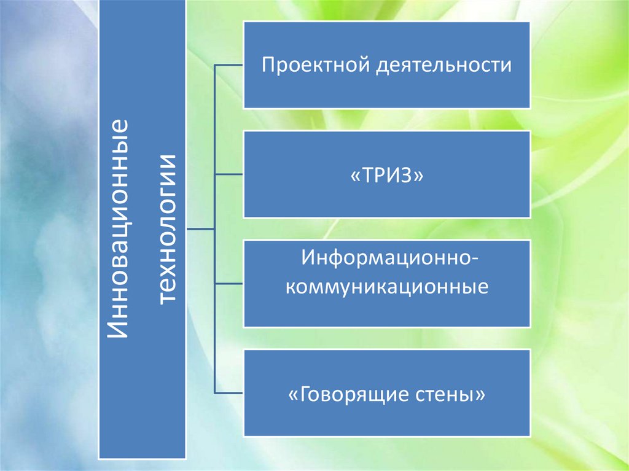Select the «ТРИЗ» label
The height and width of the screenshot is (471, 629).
coord(387,174)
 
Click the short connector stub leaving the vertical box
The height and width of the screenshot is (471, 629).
coord(200,229)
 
